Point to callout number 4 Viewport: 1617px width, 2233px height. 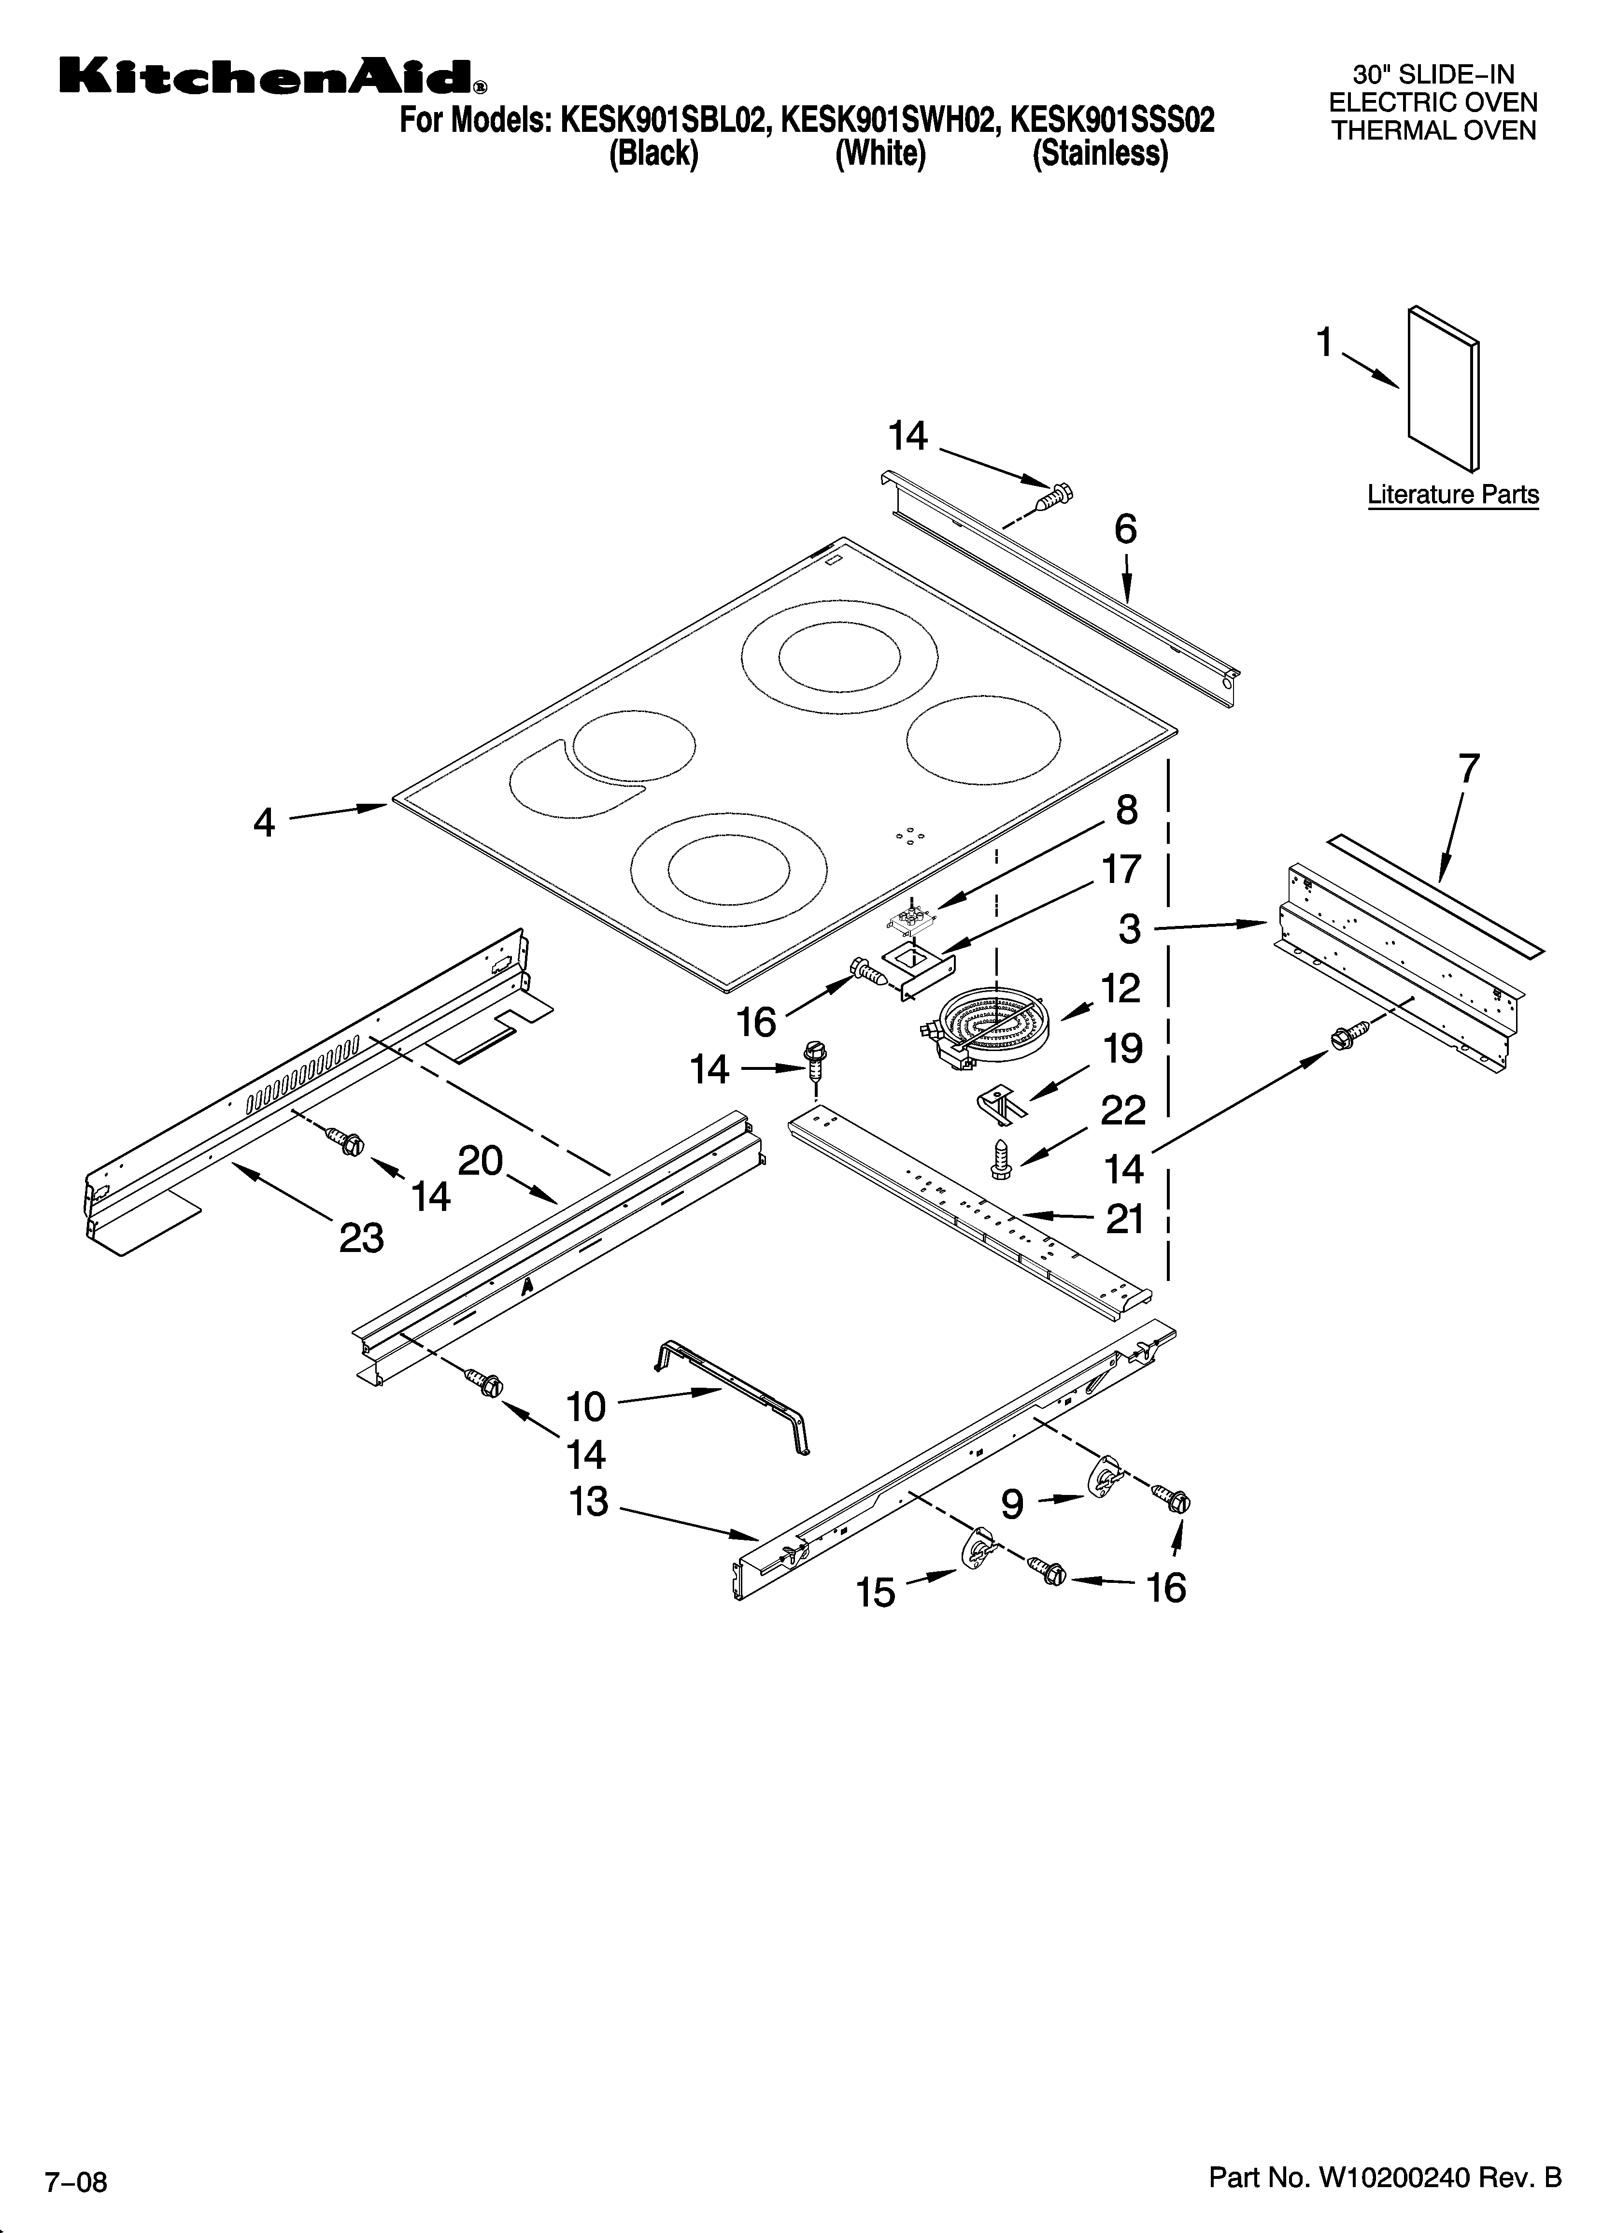point(264,822)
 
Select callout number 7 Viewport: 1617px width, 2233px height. point(1468,768)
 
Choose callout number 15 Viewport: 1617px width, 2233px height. point(876,1592)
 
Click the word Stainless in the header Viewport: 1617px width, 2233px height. point(1100,155)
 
